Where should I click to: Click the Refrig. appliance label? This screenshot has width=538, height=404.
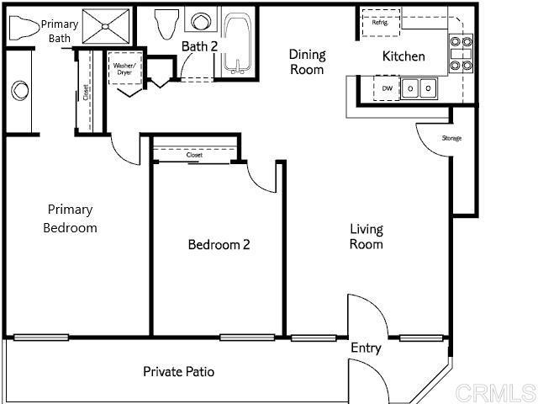[380, 23]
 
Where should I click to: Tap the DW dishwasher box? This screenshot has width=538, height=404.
[387, 88]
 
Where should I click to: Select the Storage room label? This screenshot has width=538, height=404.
[451, 138]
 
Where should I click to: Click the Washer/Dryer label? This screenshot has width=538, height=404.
[124, 69]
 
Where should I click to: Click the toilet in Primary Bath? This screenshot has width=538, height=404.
[24, 27]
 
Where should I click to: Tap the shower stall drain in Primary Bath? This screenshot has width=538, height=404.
[106, 26]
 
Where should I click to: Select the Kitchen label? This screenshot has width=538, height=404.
[403, 56]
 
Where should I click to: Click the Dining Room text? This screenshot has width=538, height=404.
[307, 61]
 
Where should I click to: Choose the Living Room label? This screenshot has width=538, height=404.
[367, 237]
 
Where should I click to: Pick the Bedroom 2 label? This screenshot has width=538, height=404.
[219, 245]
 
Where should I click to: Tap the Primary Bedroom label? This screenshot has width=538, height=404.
[70, 219]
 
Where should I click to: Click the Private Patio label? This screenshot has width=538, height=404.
[179, 371]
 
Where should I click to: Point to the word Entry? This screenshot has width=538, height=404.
[366, 348]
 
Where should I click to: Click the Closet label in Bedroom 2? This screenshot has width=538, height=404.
[194, 155]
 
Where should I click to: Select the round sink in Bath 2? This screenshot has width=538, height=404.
[200, 22]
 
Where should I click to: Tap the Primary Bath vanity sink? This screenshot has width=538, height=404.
[20, 90]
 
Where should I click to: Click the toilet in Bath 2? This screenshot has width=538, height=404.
[166, 24]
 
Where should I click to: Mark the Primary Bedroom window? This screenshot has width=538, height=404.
[41, 338]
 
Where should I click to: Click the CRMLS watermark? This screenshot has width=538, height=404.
[496, 392]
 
